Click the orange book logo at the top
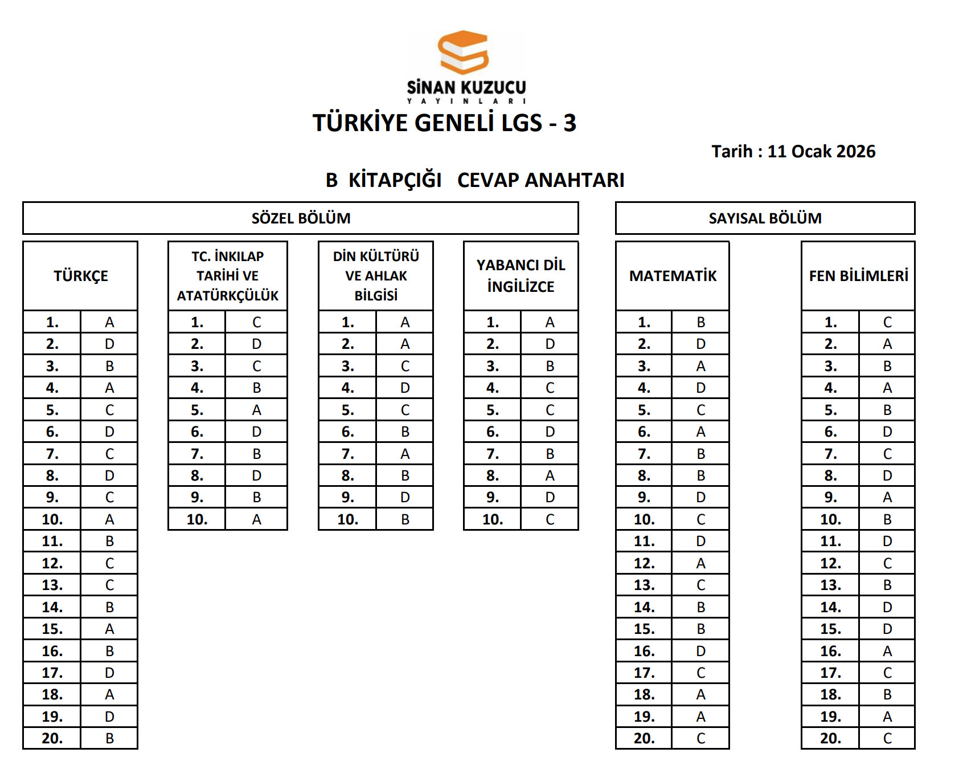coord(464,52)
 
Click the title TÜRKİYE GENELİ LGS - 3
coord(444,123)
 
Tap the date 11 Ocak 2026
coord(821,152)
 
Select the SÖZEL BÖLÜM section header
coord(301,218)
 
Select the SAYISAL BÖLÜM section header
coord(765,218)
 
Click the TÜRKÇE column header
coord(80,276)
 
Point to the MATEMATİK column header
coord(673,276)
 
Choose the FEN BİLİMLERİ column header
coord(858,276)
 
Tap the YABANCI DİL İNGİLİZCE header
coord(521,276)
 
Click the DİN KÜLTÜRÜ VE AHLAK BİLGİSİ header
coord(376,276)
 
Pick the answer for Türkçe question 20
coord(109,739)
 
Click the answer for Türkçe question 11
coord(109,542)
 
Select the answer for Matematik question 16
coord(700,651)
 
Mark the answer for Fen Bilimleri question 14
coord(887,607)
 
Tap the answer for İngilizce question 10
coord(550,519)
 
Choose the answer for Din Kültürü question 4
coord(405,388)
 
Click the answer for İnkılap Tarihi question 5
coord(256,410)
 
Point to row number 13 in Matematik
coord(644,585)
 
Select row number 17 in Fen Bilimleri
coord(830,673)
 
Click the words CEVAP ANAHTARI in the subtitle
coord(540,180)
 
